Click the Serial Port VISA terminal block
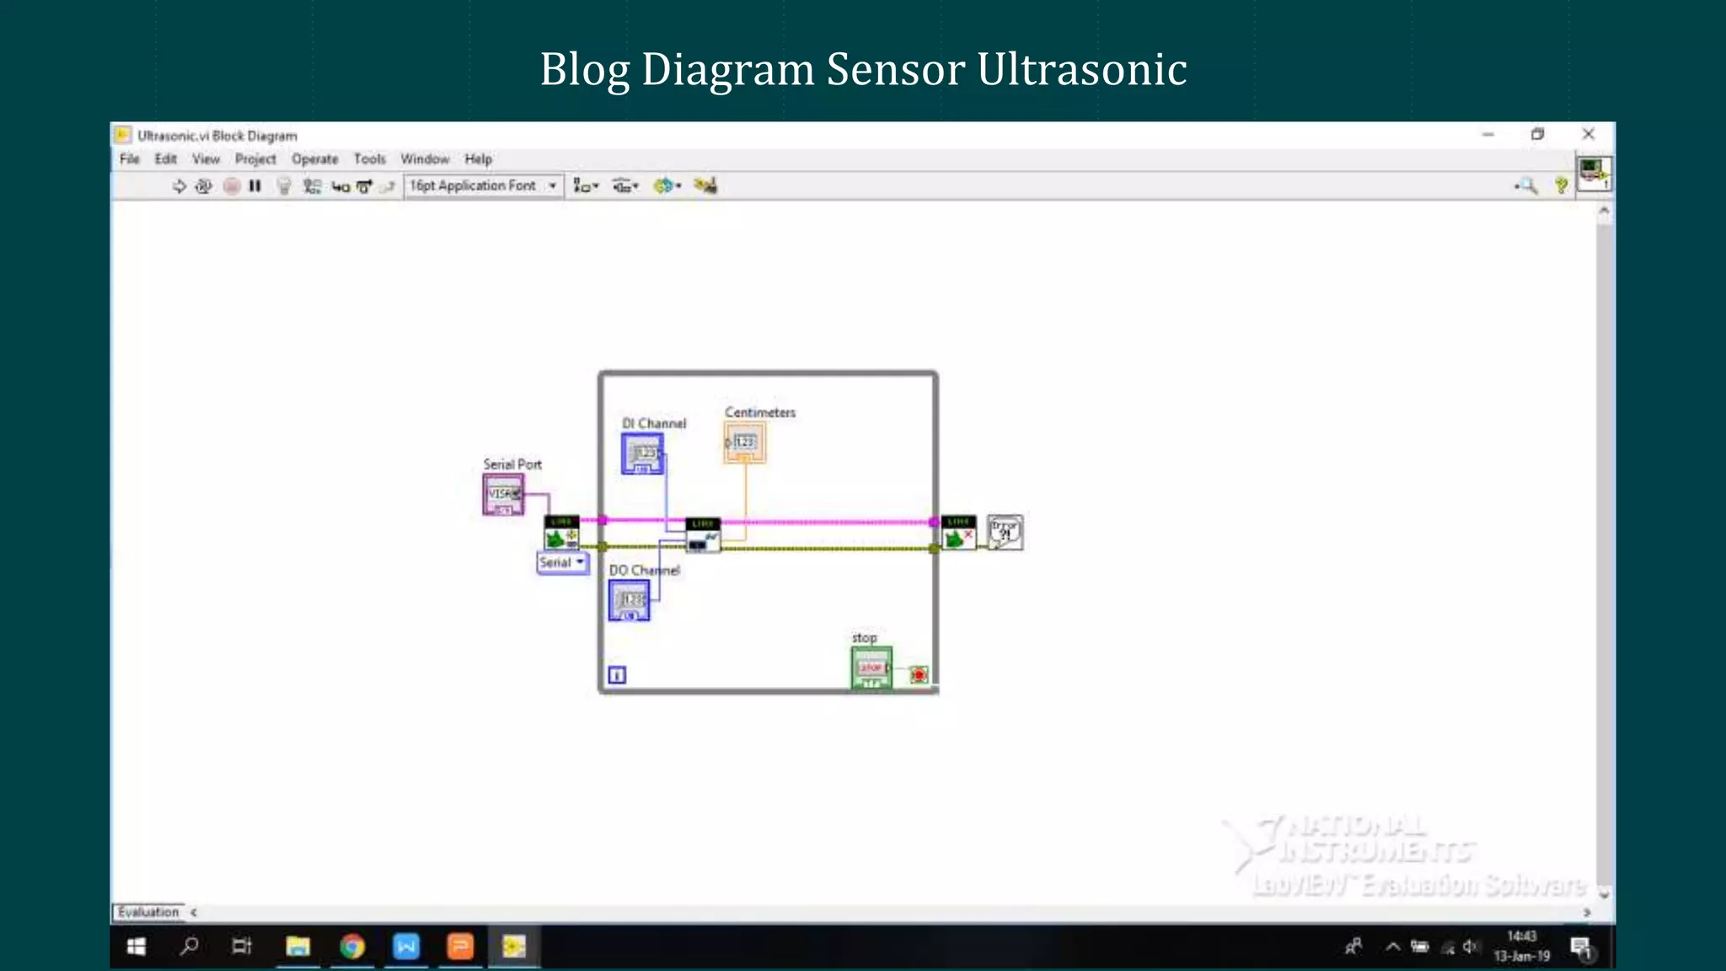pyautogui.click(x=503, y=494)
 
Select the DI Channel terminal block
pyautogui.click(x=642, y=453)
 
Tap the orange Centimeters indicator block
pyautogui.click(x=744, y=443)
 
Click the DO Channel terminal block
pyautogui.click(x=630, y=600)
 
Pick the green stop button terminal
pyautogui.click(x=871, y=668)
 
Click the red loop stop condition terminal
pyautogui.click(x=919, y=674)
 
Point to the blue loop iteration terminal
pyautogui.click(x=617, y=674)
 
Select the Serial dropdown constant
pyautogui.click(x=562, y=562)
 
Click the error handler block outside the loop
pyautogui.click(x=1005, y=532)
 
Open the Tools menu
pyautogui.click(x=369, y=158)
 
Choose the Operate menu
pyautogui.click(x=314, y=158)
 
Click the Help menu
pyautogui.click(x=478, y=158)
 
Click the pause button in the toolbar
pyautogui.click(x=255, y=185)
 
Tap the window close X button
pyautogui.click(x=1589, y=134)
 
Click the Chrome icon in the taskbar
pyautogui.click(x=352, y=947)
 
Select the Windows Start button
pyautogui.click(x=137, y=947)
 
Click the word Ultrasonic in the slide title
pyautogui.click(x=1082, y=69)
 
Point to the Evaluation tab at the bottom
pyautogui.click(x=148, y=912)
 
